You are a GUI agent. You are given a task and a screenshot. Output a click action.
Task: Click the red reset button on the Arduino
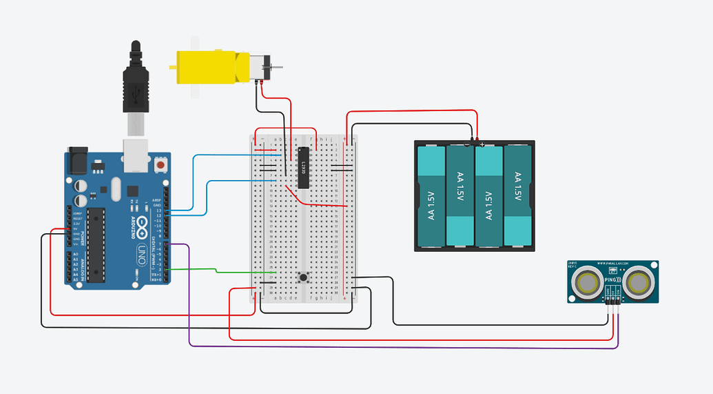pyautogui.click(x=161, y=165)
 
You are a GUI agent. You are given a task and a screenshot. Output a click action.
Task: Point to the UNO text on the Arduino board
pyautogui.click(x=141, y=251)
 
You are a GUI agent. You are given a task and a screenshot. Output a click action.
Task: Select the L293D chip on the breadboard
pyautogui.click(x=302, y=167)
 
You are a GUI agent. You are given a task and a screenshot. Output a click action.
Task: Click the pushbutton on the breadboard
pyautogui.click(x=302, y=277)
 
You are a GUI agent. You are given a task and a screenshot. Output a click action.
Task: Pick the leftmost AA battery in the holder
pyautogui.click(x=431, y=195)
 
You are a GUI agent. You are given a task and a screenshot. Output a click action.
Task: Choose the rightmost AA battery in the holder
pyautogui.click(x=518, y=195)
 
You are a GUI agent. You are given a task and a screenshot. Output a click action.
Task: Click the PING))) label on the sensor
pyautogui.click(x=612, y=281)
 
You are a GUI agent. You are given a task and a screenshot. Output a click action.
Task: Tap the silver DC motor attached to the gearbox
pyautogui.click(x=258, y=68)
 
